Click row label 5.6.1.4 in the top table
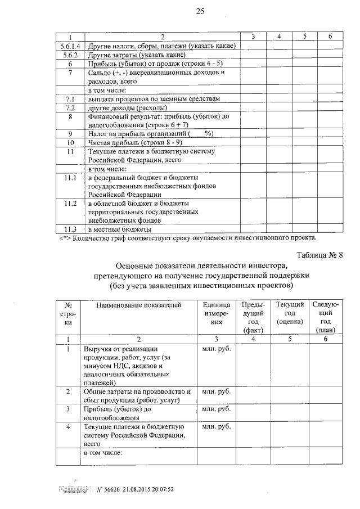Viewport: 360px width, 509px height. (70, 46)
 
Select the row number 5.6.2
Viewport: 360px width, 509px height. (70, 55)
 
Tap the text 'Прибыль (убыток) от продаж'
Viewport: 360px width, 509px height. (141, 64)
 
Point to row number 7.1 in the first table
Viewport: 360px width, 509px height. (70, 99)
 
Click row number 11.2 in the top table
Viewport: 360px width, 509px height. (70, 203)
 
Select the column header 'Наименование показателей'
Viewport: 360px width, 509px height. (139, 305)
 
